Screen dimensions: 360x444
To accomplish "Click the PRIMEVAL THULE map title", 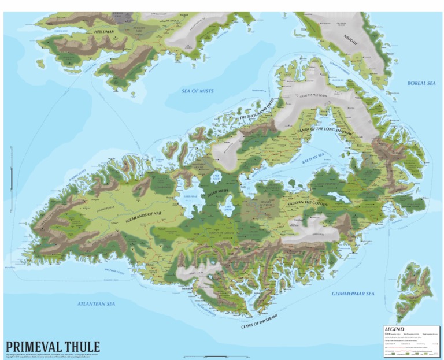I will click(53, 347).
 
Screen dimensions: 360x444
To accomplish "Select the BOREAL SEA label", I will click(421, 83).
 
